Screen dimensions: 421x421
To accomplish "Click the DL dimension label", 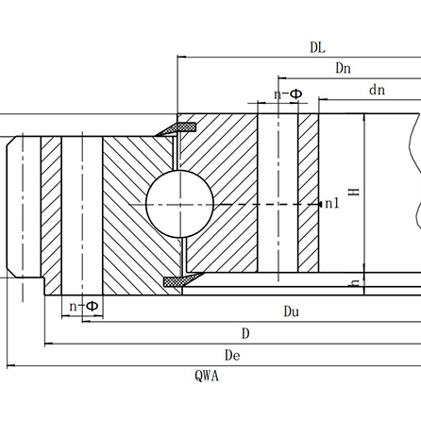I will point(316,47).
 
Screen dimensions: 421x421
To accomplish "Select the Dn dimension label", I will point(344,68).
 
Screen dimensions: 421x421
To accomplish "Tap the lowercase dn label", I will point(378,90).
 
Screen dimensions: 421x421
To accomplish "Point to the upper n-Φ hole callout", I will point(288,94).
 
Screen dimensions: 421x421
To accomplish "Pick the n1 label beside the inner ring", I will point(331,204).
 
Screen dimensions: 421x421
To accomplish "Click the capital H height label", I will point(354,191).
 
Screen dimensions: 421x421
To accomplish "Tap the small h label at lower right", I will point(353,282).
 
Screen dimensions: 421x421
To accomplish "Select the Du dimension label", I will point(294,311).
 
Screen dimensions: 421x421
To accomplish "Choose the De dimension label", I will point(232,354).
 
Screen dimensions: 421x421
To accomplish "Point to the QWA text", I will point(208,376).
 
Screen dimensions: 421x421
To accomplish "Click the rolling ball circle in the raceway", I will point(179,205).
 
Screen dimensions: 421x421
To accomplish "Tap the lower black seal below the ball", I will point(176,280).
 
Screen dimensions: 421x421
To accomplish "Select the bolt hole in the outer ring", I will point(82,217).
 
